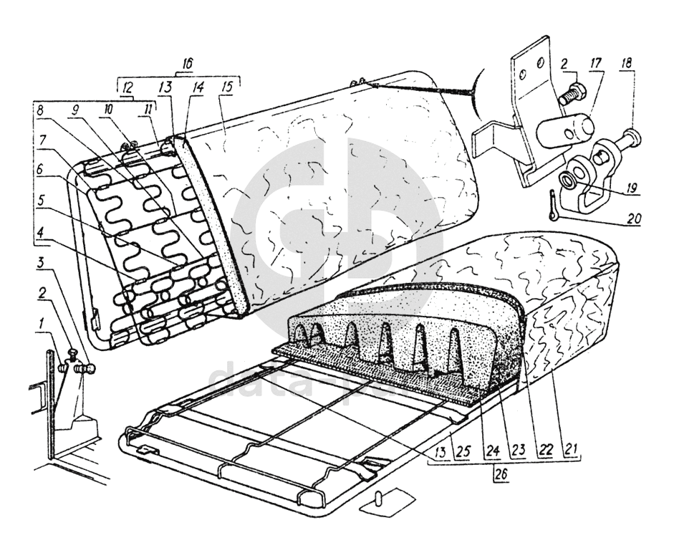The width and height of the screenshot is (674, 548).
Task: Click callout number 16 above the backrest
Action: pos(188,63)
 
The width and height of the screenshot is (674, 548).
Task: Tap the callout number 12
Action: pos(126,85)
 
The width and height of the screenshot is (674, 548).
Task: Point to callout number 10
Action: pos(110,111)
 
